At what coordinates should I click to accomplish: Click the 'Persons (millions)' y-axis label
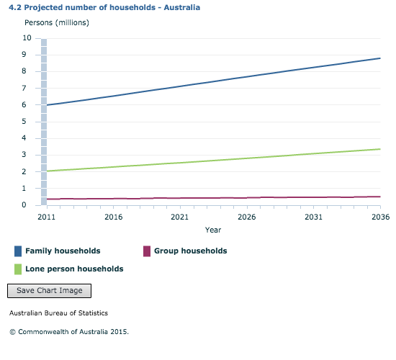[57, 23]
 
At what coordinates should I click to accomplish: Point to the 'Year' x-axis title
[213, 230]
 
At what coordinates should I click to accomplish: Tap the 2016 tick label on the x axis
[113, 217]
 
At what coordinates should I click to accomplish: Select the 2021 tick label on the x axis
[180, 217]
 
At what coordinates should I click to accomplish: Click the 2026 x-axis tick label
[246, 217]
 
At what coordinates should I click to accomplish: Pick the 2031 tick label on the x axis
[313, 217]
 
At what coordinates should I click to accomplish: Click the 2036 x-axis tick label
[379, 217]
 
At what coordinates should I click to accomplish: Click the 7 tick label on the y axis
[29, 88]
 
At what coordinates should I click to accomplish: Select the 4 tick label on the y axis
[29, 138]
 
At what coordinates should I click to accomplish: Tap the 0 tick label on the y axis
[29, 205]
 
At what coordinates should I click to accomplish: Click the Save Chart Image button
[49, 291]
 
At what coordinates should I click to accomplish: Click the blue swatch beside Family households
[18, 251]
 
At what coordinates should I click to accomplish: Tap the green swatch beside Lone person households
[18, 269]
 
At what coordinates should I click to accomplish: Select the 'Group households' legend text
[190, 251]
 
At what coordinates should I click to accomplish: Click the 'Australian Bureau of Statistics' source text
[58, 314]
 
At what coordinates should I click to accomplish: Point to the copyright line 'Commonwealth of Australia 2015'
[68, 332]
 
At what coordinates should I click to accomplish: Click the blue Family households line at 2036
[379, 58]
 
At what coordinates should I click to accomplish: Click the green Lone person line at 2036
[379, 149]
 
